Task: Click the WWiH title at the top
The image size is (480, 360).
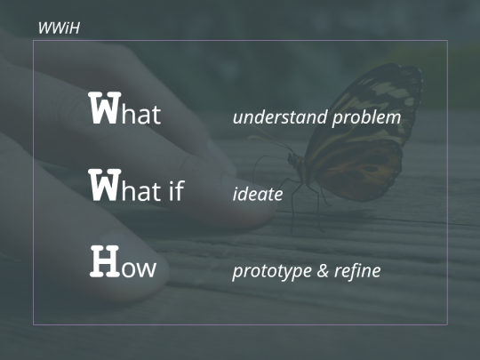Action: point(59,28)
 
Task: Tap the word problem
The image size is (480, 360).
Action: point(366,118)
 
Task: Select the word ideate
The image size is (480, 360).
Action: point(258,194)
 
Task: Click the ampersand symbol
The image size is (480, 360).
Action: point(323,270)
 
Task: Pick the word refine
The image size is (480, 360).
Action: point(357,270)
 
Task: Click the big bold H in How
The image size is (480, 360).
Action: point(104,261)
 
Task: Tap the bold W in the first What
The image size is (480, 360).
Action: point(105,108)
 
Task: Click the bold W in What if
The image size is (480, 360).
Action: point(105,185)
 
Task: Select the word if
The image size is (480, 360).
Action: point(177,190)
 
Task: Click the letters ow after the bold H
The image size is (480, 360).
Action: point(139,269)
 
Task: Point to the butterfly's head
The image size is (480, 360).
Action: point(292,159)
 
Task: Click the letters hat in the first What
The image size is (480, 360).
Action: point(141,114)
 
